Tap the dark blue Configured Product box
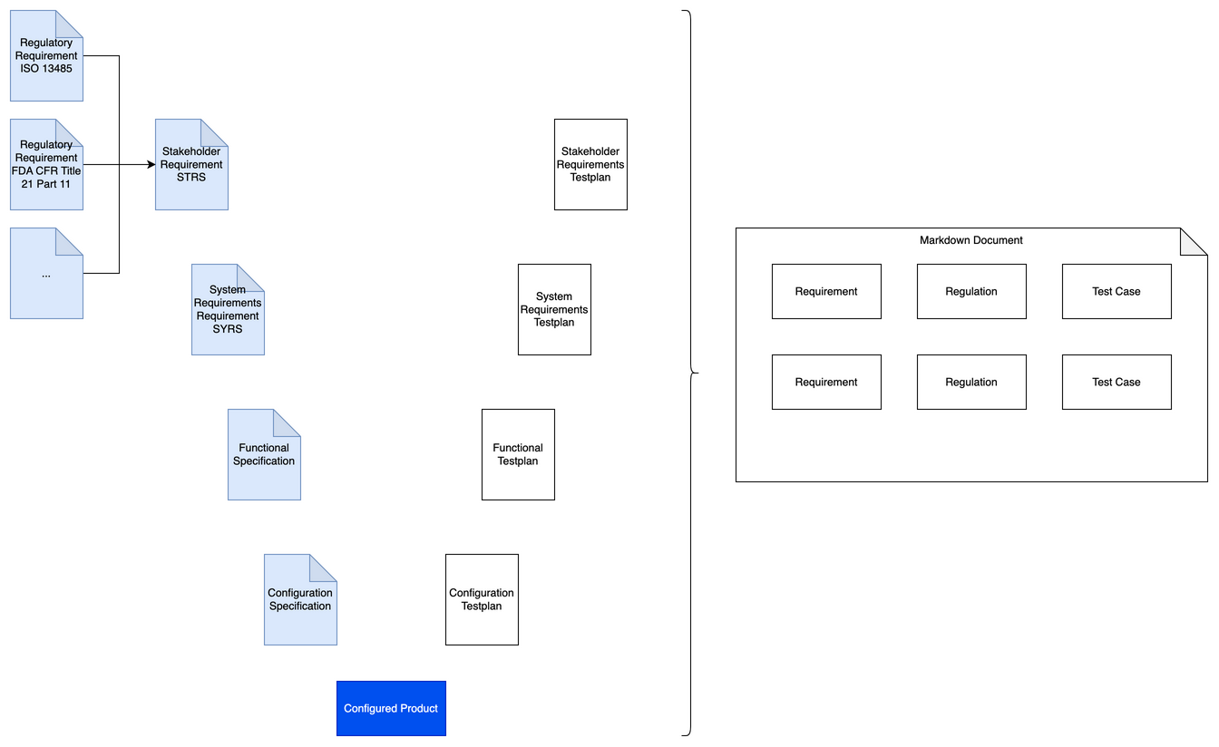tap(391, 708)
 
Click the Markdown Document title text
tap(970, 240)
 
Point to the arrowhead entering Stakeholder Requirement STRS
tap(151, 165)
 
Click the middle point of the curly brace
tap(694, 373)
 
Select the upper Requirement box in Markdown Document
tap(826, 292)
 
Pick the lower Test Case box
tap(1117, 383)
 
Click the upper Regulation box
tap(971, 292)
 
